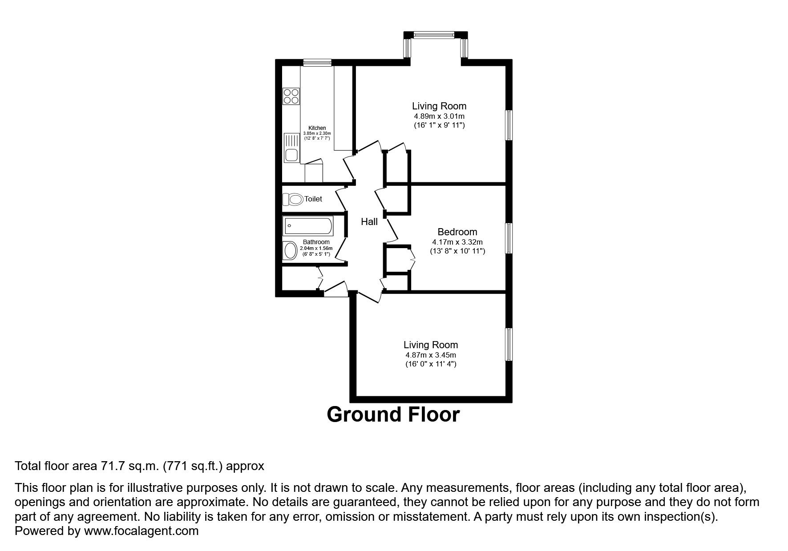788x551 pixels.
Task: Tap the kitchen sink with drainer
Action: coord(291,148)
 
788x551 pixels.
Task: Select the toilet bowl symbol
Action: coord(292,199)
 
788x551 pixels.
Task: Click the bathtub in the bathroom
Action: coord(307,226)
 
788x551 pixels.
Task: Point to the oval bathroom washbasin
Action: coord(291,250)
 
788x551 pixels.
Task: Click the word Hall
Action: coord(369,221)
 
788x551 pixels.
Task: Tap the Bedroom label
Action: coord(457,232)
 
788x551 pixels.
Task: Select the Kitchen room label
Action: coord(317,128)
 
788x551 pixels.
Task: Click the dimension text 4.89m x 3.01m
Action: coord(439,116)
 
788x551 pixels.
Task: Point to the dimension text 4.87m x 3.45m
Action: coord(430,355)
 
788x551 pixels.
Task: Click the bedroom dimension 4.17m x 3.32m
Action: coord(457,242)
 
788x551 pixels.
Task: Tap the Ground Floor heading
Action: coord(393,414)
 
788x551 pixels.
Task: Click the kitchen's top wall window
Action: coord(317,63)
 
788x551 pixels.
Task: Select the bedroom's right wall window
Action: coord(509,238)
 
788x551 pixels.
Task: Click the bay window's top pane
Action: coord(434,35)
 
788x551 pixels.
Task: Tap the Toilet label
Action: coord(313,199)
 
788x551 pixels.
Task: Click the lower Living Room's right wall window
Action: coord(509,344)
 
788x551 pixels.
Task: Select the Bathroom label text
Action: coord(316,242)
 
